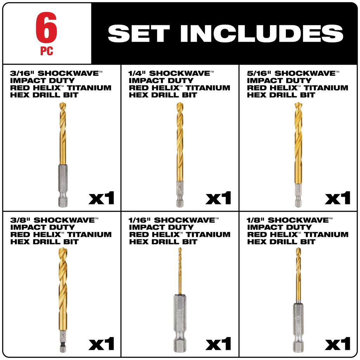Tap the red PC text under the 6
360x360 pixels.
pos(47,51)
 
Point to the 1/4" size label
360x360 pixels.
pos(137,73)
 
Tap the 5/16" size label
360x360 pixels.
pos(259,73)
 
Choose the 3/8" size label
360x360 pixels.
pos(20,220)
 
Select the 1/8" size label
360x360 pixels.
pos(255,220)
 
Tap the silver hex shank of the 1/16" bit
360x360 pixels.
pos(180,323)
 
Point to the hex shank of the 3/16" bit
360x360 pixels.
pos(63,186)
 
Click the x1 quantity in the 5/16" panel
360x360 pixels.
pos(337,198)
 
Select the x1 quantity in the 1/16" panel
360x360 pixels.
pos(218,344)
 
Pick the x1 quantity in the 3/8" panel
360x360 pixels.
pos(101,344)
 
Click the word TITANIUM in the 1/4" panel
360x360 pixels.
pos(208,88)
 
